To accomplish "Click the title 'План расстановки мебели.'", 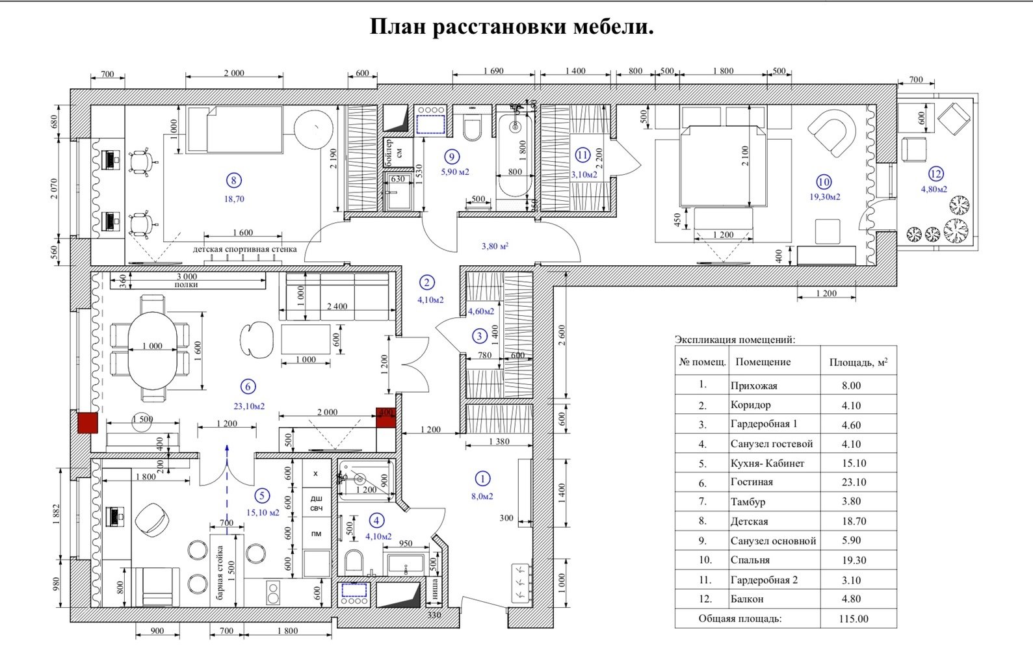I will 512,27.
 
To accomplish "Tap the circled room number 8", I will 233,181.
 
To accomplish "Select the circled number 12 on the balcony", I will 935,174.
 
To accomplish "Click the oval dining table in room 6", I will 152,350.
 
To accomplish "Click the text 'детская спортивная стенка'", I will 244,249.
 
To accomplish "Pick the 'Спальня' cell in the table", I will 750,560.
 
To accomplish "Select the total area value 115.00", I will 853,619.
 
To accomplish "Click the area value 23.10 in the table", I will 851,482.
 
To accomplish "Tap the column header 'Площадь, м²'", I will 858,363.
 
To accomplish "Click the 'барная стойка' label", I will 220,572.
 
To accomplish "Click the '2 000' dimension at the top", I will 234,73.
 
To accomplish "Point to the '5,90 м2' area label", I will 454,172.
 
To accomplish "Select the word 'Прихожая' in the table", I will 753,385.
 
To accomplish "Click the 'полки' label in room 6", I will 186,285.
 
